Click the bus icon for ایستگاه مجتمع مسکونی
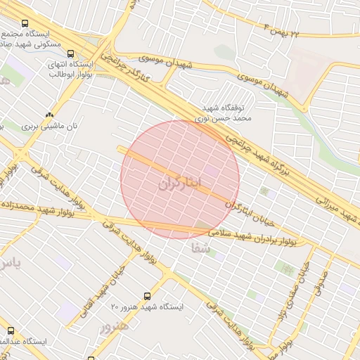(x=25, y=22)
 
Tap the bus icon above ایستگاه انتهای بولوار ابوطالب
(x=70, y=53)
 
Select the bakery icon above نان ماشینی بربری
(x=49, y=115)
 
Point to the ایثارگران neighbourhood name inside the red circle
(x=179, y=185)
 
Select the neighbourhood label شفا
(x=200, y=248)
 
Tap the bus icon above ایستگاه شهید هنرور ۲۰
(x=147, y=296)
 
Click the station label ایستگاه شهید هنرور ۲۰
(x=147, y=307)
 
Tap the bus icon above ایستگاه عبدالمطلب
(x=11, y=330)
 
